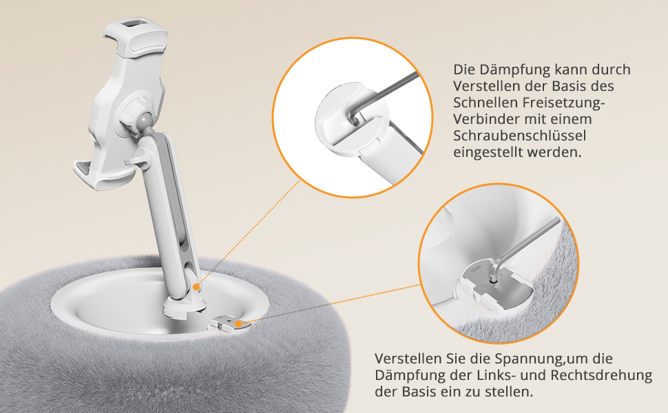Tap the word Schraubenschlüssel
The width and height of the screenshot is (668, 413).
tap(520, 136)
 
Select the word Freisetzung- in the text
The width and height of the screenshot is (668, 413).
tap(563, 103)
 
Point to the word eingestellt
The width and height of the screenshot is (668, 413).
tap(488, 152)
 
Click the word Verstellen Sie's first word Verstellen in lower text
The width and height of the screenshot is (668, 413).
tap(408, 359)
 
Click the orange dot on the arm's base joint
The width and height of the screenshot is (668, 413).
tap(196, 287)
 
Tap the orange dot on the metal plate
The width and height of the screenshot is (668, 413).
tap(238, 324)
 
